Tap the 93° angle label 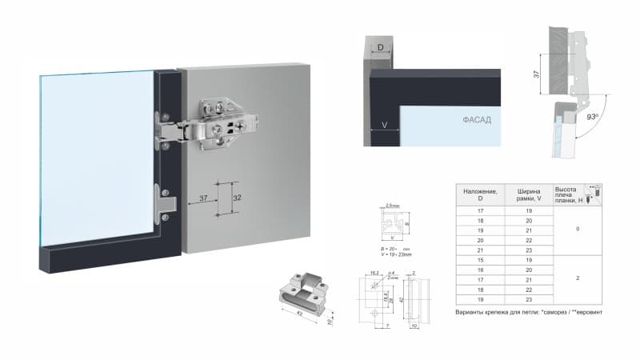(592, 117)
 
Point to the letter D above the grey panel (381, 49)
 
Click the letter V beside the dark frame (385, 125)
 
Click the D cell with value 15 (479, 259)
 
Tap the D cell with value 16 (479, 270)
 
